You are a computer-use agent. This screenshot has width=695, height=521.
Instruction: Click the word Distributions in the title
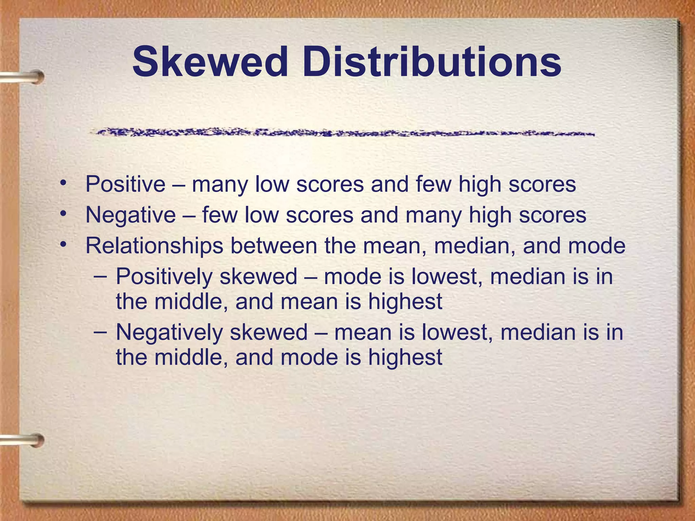[432, 62]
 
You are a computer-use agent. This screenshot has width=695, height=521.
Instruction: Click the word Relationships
[154, 246]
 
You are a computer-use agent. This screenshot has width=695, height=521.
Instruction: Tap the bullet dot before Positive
[63, 184]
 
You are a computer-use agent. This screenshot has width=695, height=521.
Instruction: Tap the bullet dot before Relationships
[63, 245]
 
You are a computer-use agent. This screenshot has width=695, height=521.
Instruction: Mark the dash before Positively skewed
[100, 275]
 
